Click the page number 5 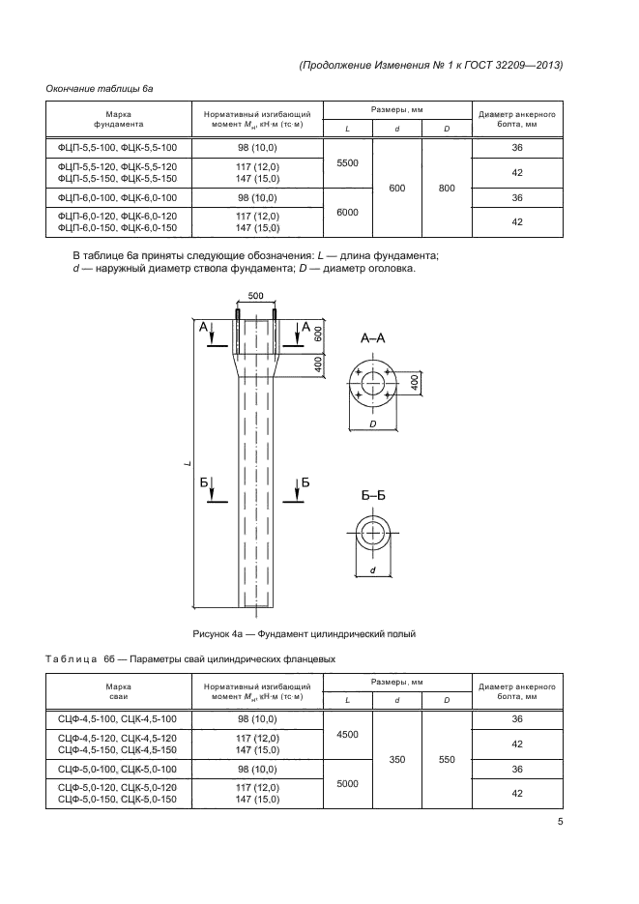561,823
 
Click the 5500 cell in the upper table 347,163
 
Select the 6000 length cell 347,212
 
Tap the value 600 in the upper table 396,189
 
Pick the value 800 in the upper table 447,189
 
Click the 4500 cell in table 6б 347,735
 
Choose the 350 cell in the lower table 396,760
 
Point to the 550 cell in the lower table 447,760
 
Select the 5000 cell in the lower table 347,784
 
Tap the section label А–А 374,339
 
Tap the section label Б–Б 373,495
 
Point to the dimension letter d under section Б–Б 372,571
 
